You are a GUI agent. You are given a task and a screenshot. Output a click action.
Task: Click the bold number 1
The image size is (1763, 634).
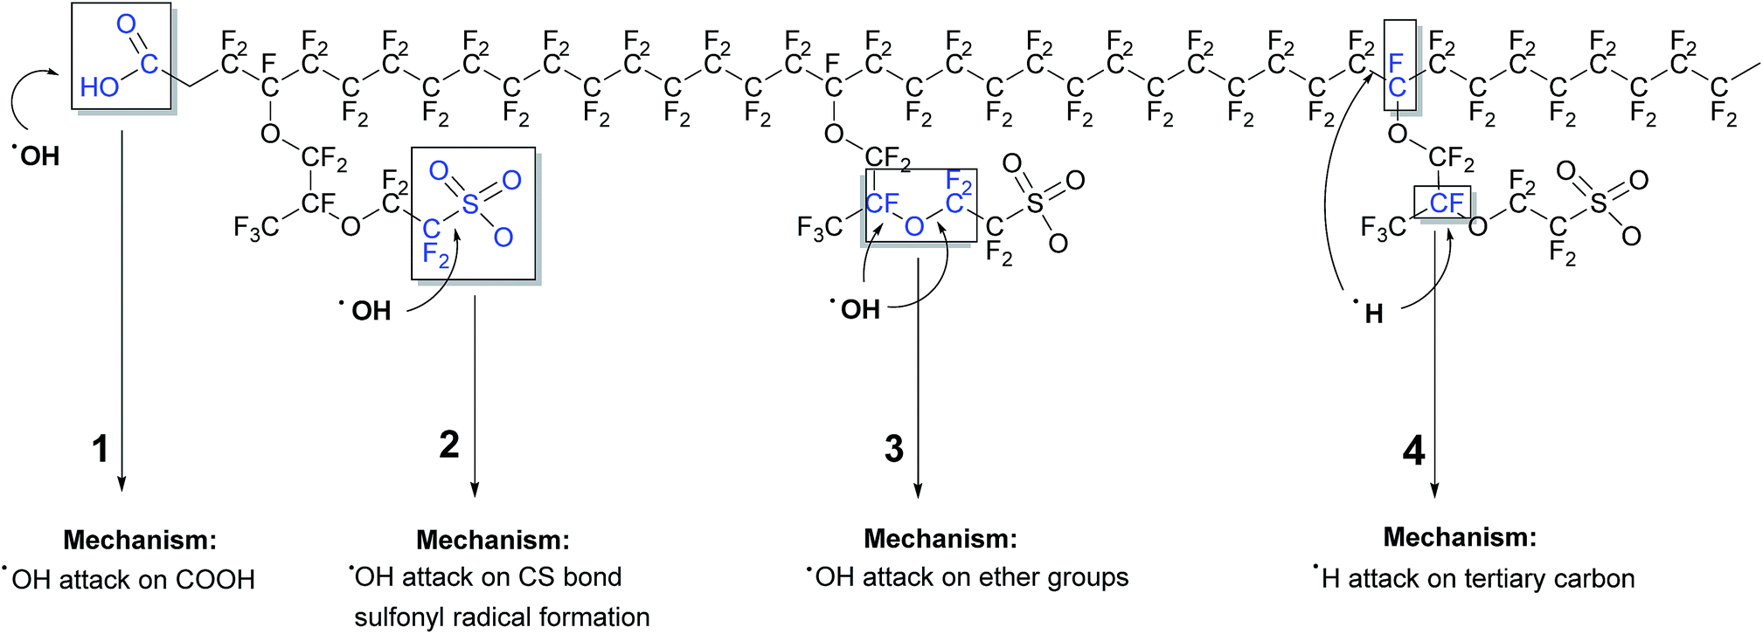101,449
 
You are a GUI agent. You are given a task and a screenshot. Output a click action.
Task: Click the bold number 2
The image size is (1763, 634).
449,444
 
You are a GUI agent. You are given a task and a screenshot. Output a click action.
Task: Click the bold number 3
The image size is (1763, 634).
893,448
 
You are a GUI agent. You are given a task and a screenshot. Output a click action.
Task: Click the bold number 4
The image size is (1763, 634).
1413,451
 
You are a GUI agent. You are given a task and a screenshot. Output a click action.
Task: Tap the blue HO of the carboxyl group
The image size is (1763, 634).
99,86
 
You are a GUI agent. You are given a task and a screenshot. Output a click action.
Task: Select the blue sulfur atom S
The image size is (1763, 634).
470,203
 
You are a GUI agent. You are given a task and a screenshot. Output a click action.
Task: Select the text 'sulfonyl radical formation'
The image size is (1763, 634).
502,617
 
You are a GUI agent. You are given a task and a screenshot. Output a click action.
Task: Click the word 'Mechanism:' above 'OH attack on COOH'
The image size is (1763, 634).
140,540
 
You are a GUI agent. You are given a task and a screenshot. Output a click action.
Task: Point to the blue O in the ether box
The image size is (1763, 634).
914,226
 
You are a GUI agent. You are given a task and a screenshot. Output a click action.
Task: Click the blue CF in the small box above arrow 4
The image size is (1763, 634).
1446,203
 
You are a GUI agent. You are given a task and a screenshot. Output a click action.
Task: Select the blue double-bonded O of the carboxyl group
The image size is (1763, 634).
127,24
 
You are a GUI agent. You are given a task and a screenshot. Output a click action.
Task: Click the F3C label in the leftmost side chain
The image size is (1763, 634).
255,228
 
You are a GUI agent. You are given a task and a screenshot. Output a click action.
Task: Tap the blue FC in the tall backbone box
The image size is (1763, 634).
1397,75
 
